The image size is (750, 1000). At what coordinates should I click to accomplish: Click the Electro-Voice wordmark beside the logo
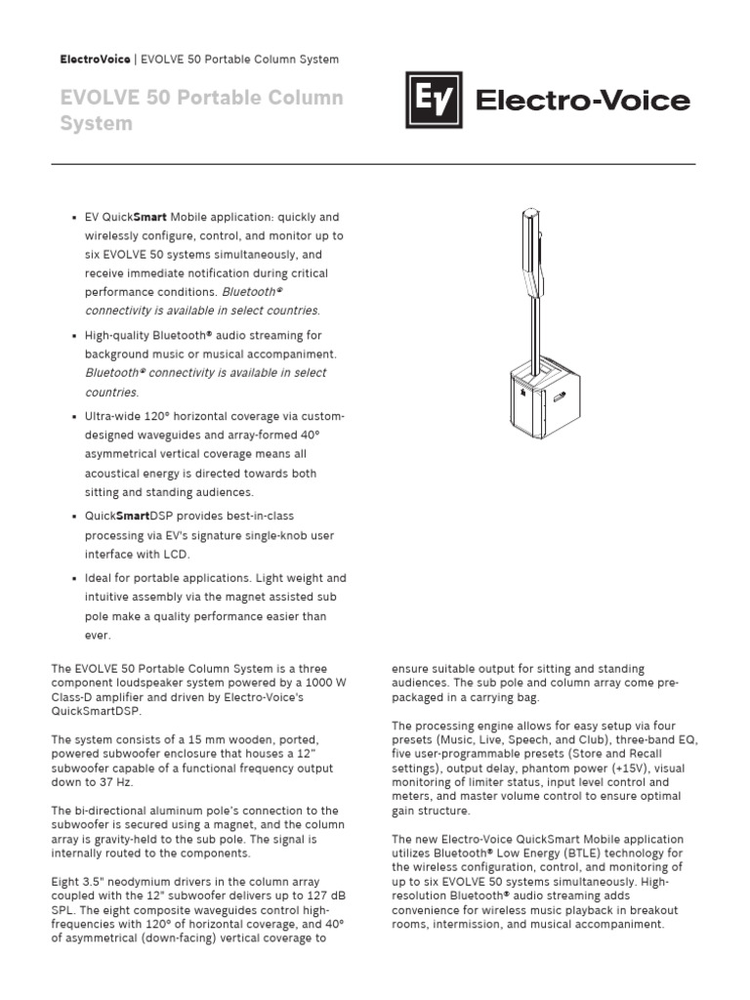point(582,102)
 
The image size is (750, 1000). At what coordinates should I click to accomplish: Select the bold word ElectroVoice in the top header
point(95,60)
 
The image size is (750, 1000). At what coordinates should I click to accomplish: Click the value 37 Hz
point(121,782)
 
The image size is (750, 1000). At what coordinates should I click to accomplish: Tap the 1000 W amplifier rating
point(319,683)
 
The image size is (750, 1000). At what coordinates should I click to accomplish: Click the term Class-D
point(76,697)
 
